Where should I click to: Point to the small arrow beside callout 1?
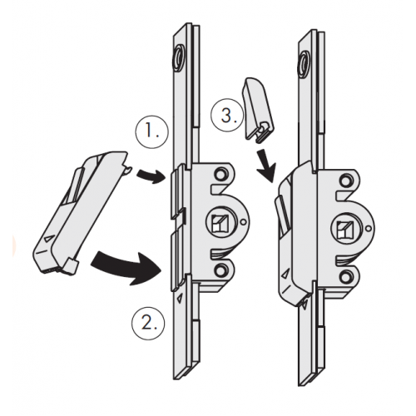pyautogui.click(x=151, y=175)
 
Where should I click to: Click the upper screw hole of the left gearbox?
pyautogui.click(x=220, y=175)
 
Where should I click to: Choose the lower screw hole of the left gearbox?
pyautogui.click(x=220, y=270)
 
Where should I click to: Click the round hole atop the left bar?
pyautogui.click(x=180, y=59)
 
